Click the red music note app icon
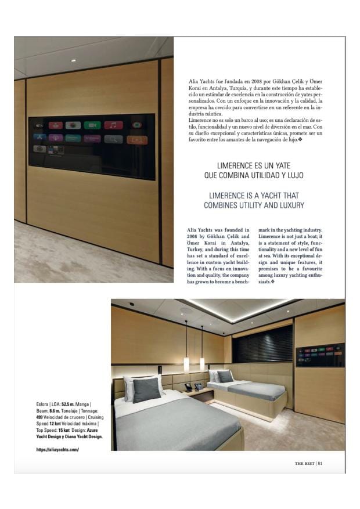pos(113,125)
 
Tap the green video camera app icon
pos(92,125)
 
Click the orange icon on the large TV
pos(136,139)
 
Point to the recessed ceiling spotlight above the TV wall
pos(73,60)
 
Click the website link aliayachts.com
pos(57,450)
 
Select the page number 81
pos(321,463)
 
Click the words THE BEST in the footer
pos(304,463)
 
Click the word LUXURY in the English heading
pos(290,205)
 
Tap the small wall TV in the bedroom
pos(319,355)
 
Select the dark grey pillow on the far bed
pos(225,376)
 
